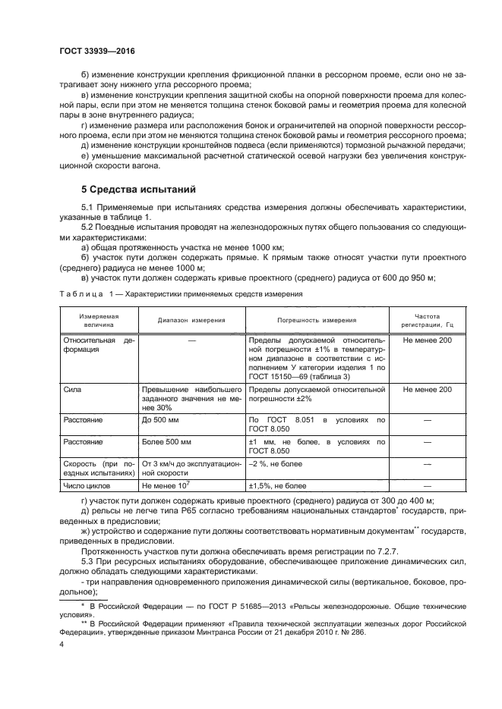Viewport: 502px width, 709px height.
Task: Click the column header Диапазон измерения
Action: click(x=191, y=320)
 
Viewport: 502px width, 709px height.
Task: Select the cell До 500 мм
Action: click(x=162, y=419)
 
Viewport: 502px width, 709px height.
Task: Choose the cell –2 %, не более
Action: click(x=276, y=463)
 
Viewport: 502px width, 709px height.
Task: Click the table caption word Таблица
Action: click(x=82, y=293)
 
